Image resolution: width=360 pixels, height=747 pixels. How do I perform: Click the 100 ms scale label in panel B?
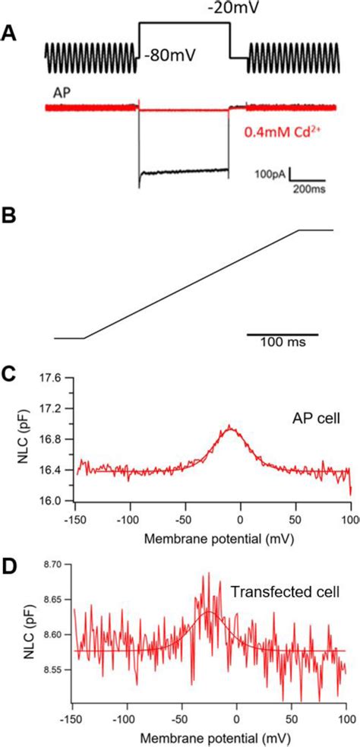[x=281, y=343]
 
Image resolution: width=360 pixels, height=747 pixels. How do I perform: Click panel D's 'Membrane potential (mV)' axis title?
[x=211, y=736]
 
